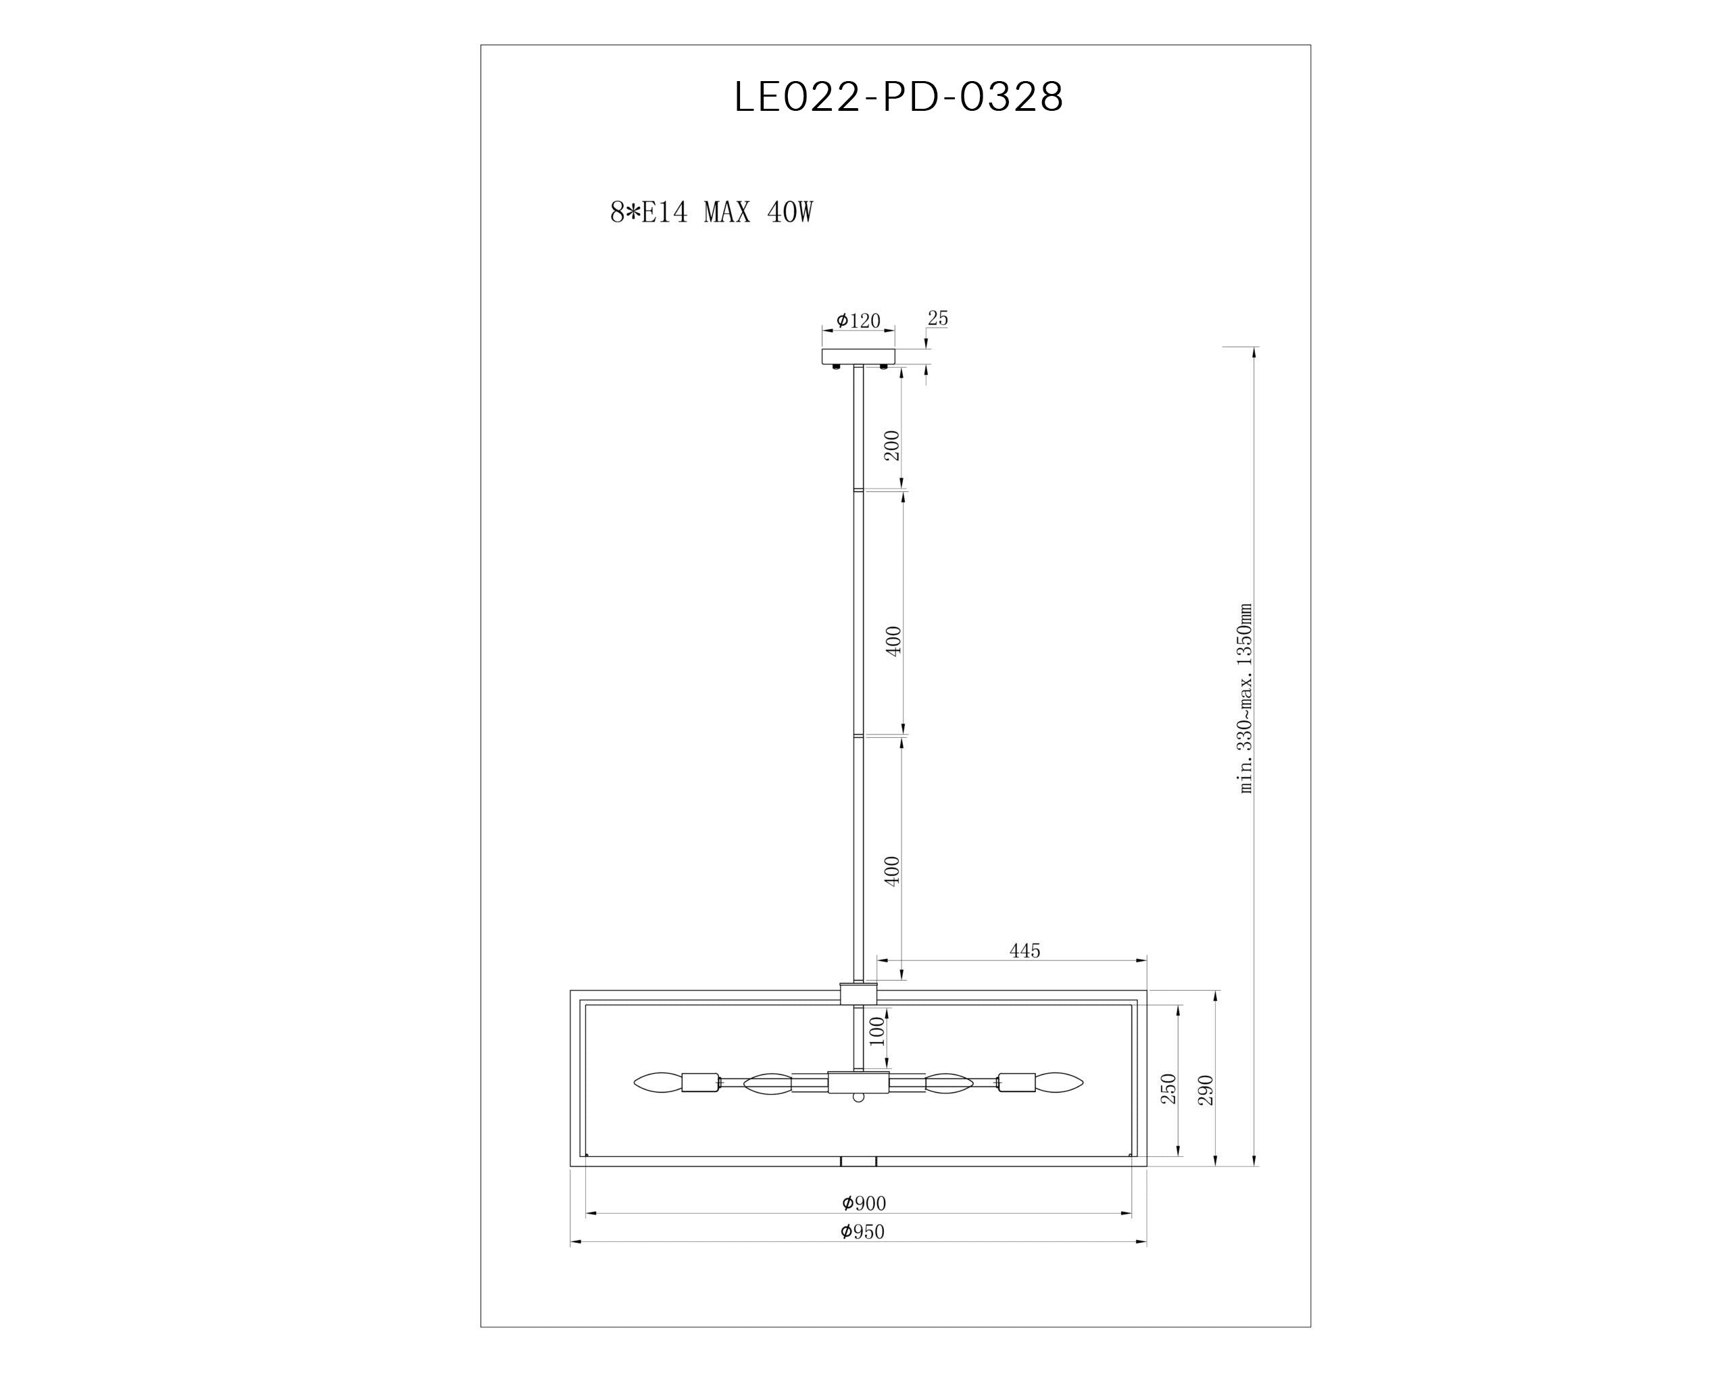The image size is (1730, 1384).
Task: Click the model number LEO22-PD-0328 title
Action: (x=899, y=97)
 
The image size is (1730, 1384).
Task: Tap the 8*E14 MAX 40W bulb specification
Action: (x=712, y=213)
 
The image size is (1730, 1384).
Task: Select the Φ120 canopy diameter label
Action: (x=859, y=321)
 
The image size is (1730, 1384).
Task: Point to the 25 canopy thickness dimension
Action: (x=938, y=318)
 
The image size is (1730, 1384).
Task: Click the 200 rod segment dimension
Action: (x=892, y=445)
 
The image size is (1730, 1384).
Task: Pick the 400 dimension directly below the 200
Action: (x=894, y=641)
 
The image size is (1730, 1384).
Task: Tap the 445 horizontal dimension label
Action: (x=1024, y=951)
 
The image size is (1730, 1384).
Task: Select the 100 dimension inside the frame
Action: (x=877, y=1031)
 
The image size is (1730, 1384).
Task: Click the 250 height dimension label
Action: (x=1169, y=1088)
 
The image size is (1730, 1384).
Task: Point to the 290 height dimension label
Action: (x=1206, y=1089)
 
